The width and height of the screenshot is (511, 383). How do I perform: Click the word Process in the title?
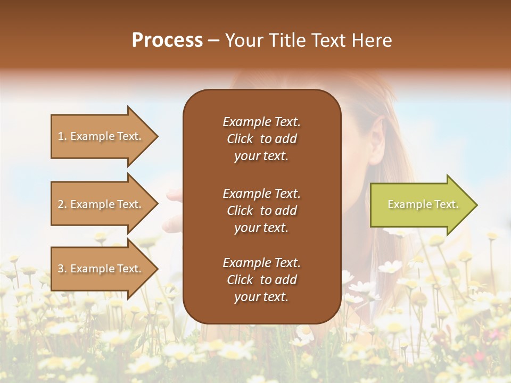tap(167, 40)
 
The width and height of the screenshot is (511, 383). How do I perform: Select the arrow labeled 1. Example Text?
tap(101, 136)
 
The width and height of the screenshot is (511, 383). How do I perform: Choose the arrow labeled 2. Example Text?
tap(101, 204)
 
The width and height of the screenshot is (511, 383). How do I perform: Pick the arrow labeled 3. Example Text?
tap(101, 269)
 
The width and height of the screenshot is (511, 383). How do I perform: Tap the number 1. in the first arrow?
tap(62, 136)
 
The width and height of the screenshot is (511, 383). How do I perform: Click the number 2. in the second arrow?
tap(62, 204)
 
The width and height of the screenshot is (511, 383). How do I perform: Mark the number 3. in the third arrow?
tap(62, 269)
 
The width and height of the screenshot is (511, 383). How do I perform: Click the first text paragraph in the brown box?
tap(261, 139)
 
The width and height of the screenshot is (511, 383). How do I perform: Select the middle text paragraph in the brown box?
tap(261, 211)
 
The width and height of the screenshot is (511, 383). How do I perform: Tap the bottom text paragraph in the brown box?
tap(261, 280)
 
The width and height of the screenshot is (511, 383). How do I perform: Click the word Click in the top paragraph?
tap(240, 139)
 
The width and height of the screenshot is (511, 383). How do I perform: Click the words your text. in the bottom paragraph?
tap(261, 297)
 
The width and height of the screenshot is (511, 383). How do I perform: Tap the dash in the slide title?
tap(213, 40)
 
